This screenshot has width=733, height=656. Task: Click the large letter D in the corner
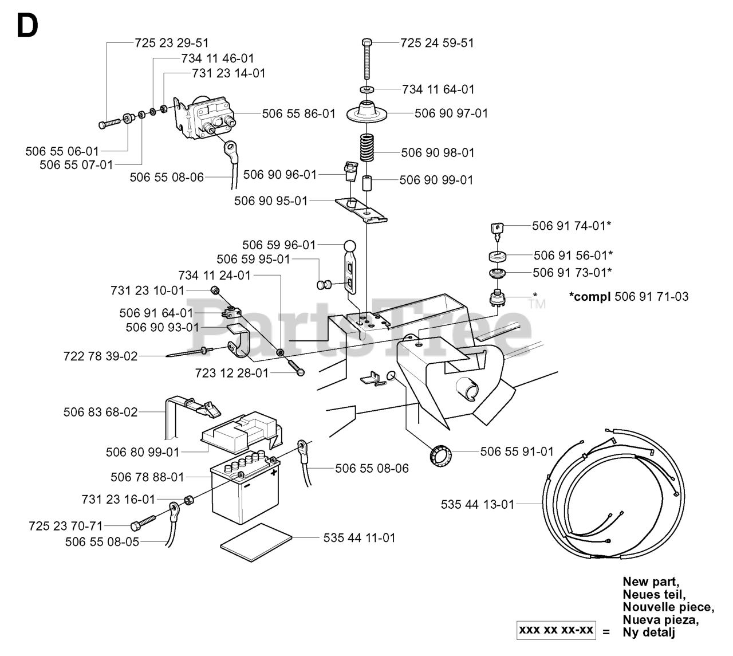coord(27,26)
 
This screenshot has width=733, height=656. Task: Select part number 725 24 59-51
coord(437,43)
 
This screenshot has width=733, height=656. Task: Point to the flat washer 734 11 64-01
coord(367,89)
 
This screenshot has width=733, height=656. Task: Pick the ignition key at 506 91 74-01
coord(498,231)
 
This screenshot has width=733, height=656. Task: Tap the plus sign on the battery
coord(274,473)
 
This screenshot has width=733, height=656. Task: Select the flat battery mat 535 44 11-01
coord(256,542)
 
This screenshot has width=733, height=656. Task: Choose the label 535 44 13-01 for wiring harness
coord(477,505)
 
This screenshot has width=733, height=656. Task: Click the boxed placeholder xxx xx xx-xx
coord(556,630)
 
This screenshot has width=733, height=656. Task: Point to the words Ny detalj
coord(649,633)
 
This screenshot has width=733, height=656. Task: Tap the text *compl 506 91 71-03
coord(628,297)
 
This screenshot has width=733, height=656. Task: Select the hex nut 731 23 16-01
coord(188,500)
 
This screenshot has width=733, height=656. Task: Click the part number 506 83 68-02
coord(101,412)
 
